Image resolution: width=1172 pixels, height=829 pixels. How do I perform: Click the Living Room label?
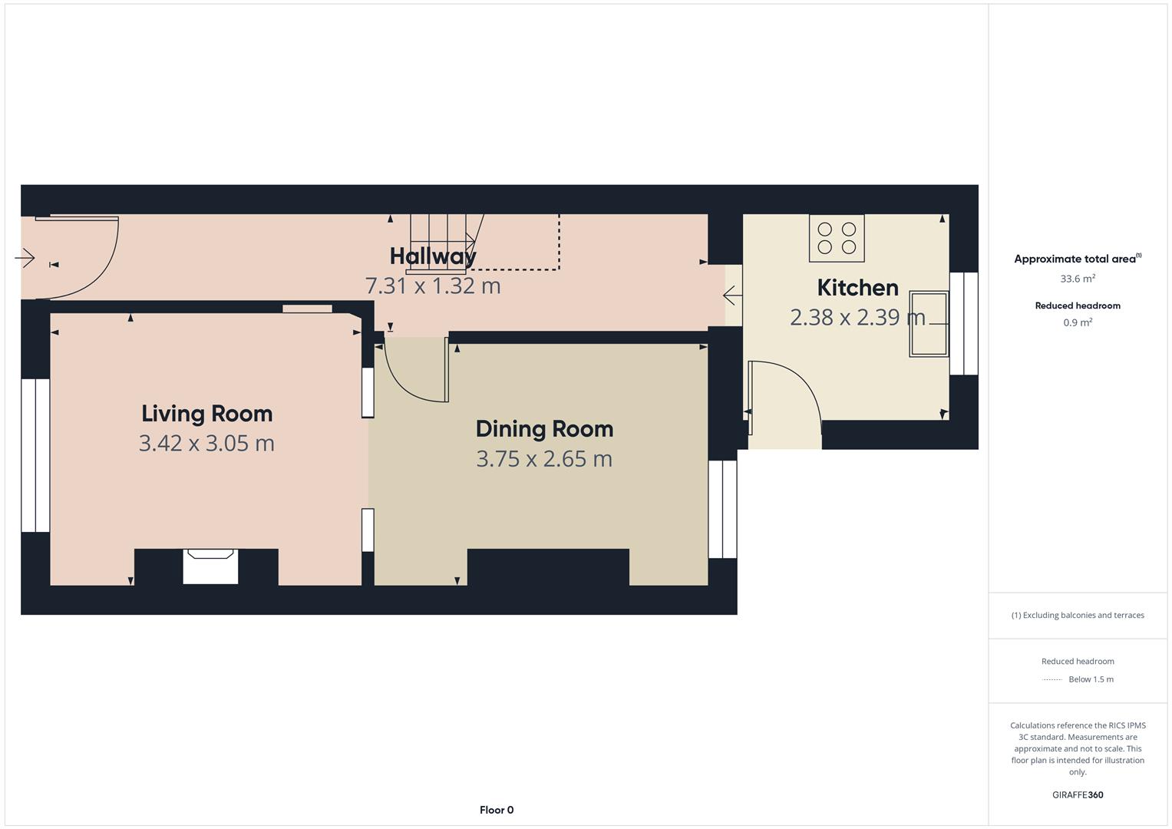click(206, 414)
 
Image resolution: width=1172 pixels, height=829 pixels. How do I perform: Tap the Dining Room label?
click(544, 429)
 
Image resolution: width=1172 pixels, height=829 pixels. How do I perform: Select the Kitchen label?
click(857, 288)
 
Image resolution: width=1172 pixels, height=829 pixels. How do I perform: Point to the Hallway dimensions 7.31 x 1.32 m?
click(433, 286)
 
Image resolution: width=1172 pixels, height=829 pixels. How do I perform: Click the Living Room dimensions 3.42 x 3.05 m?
click(206, 444)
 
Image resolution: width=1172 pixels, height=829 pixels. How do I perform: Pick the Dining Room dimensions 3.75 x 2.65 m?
click(544, 459)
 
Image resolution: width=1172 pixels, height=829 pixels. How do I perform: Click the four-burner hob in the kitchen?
click(837, 238)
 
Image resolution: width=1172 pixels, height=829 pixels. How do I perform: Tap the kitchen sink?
click(929, 324)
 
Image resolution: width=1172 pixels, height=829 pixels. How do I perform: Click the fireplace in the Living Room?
click(210, 566)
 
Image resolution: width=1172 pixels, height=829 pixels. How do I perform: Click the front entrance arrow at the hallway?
click(25, 257)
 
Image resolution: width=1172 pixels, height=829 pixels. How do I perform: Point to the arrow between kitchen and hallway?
click(732, 296)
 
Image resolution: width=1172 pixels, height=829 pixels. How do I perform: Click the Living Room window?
click(35, 455)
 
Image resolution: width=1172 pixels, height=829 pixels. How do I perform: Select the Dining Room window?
click(722, 509)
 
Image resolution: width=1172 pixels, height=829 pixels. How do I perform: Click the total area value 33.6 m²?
click(1078, 279)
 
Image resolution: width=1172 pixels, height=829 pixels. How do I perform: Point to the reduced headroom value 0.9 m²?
click(1078, 322)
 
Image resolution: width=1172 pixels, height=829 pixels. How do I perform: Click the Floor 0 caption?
click(497, 810)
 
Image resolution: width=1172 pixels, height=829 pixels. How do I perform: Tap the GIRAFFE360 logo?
click(1078, 794)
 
